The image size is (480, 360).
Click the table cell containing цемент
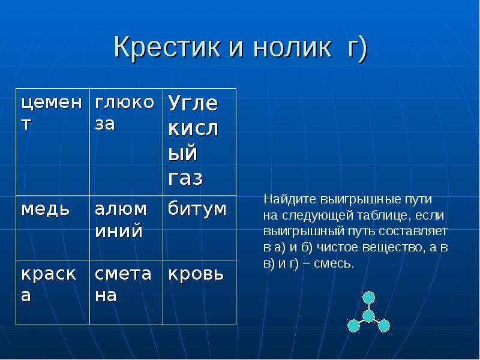(x=53, y=142)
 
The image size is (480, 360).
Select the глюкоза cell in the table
(x=126, y=142)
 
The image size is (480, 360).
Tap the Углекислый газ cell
(x=200, y=142)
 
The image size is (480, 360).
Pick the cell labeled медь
(x=53, y=228)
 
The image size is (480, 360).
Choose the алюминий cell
(x=126, y=228)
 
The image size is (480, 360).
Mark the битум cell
(x=200, y=228)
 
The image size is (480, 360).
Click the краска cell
(x=53, y=292)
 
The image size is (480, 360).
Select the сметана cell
(x=126, y=292)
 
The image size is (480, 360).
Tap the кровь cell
(x=200, y=292)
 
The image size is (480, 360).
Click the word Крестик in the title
(x=167, y=47)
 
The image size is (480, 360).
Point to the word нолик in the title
(x=292, y=47)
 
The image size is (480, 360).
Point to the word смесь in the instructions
(x=334, y=263)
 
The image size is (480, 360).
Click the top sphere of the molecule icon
(x=368, y=298)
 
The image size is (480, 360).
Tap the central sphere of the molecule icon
(x=368, y=316)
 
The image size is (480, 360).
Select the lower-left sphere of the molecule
(x=353, y=326)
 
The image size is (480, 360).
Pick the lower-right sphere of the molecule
(x=384, y=326)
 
